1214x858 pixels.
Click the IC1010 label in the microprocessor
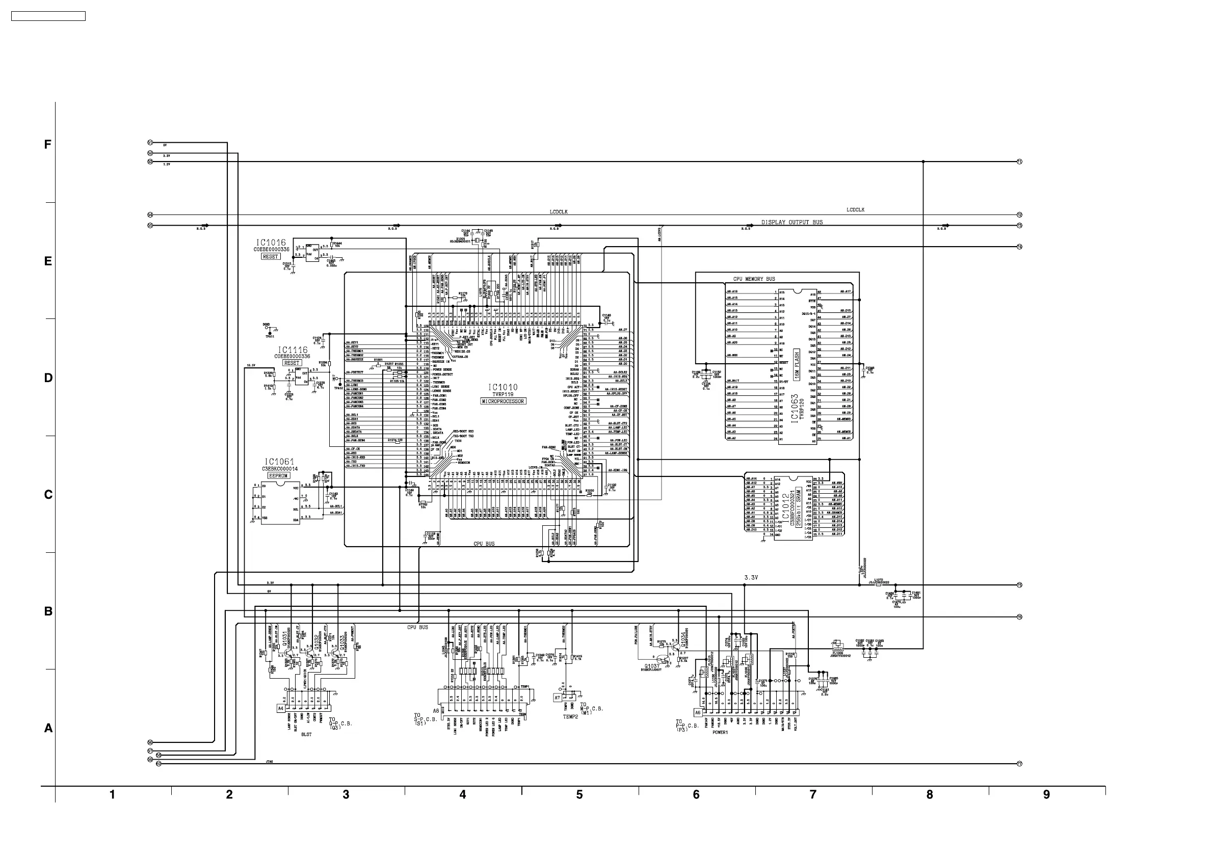503,388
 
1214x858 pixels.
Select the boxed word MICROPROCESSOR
503,401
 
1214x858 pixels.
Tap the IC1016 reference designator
271,243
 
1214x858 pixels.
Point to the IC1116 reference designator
293,350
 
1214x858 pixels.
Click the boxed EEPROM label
278,476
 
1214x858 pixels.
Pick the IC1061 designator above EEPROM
279,462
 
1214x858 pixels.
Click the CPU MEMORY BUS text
754,279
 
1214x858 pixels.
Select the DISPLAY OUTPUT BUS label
792,222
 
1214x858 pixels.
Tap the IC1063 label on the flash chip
794,408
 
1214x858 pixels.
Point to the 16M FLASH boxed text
797,361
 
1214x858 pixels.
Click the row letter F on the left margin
47,144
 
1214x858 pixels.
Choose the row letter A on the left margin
48,728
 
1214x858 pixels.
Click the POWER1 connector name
720,733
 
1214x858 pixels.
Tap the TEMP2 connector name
570,717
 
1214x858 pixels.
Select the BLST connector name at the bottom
306,734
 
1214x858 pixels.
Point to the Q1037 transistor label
652,665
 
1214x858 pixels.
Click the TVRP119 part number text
503,394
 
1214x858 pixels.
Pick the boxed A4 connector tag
281,708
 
